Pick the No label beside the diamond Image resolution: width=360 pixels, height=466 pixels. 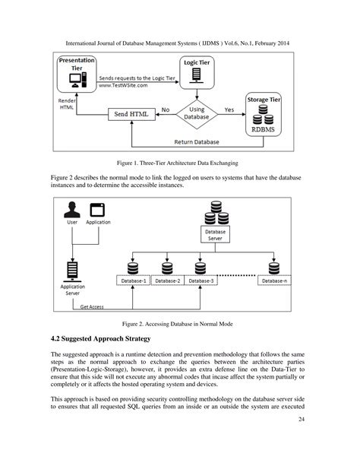tap(165, 109)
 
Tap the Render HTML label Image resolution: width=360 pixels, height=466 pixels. tap(67, 103)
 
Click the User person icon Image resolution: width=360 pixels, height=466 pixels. tap(73, 210)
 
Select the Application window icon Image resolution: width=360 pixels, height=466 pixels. tap(97, 210)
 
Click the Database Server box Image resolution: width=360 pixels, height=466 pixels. tap(215, 234)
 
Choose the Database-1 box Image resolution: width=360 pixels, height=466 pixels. tap(134, 281)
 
